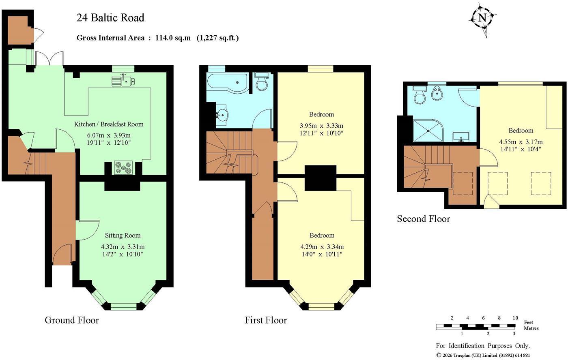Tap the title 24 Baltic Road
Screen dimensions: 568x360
(x=110, y=18)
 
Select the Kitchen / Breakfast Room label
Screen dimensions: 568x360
(x=109, y=124)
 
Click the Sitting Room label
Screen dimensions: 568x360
(x=123, y=236)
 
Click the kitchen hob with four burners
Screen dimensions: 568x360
(x=123, y=167)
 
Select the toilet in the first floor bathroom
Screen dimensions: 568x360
(x=261, y=81)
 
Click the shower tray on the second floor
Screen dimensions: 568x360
(x=428, y=131)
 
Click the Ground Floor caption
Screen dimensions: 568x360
(x=72, y=320)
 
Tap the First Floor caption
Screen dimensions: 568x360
(x=266, y=320)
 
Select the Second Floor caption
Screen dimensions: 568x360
(x=424, y=219)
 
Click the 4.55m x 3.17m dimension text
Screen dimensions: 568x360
(x=521, y=142)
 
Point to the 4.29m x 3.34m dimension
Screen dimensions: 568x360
(x=322, y=246)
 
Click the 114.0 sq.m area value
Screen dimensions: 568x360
(x=173, y=38)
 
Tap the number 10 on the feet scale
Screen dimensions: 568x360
(x=515, y=318)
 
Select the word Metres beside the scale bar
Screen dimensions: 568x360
(x=531, y=328)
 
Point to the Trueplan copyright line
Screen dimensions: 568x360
(x=483, y=355)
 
